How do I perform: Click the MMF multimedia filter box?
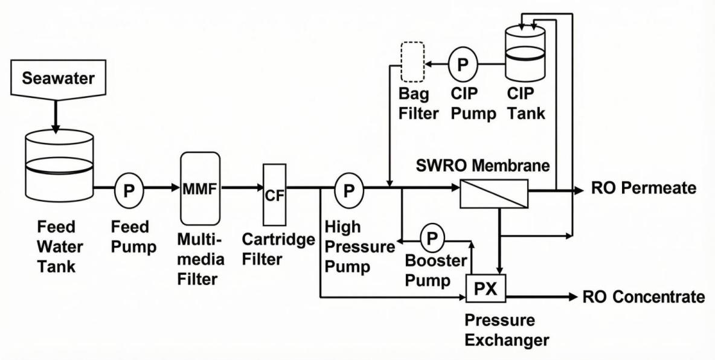tap(200, 188)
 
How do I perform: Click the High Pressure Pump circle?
tap(349, 188)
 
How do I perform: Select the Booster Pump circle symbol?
tap(431, 239)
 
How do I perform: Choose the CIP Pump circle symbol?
tap(463, 63)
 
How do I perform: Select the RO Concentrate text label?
tap(643, 297)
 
